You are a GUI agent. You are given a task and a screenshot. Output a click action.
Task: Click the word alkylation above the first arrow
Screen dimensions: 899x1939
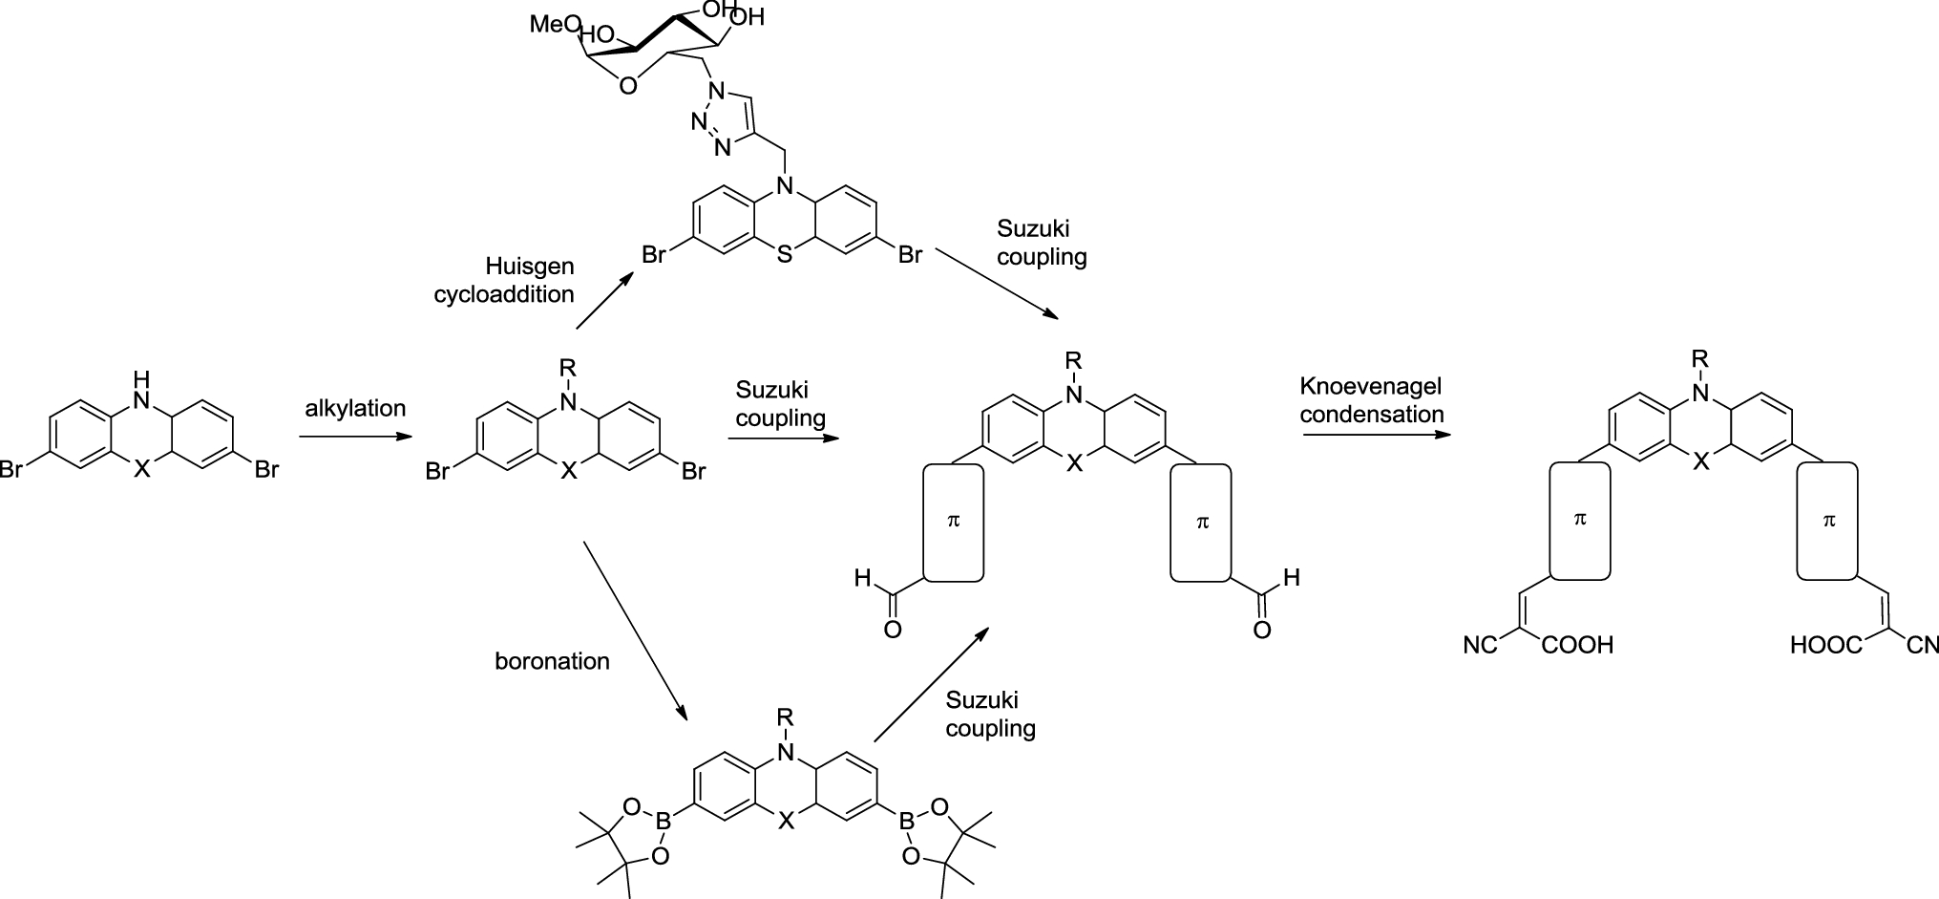[x=355, y=409]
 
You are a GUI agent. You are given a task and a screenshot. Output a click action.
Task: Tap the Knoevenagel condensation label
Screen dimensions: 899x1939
[x=1371, y=400]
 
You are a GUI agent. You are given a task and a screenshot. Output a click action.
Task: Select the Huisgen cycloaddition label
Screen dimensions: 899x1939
[x=504, y=280]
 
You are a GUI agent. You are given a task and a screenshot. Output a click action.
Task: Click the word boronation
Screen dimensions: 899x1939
[x=552, y=661]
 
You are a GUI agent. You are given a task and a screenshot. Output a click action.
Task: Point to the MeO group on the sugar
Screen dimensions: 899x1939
[x=551, y=24]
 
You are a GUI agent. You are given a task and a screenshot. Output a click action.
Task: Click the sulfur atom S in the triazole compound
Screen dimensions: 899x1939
[x=785, y=256]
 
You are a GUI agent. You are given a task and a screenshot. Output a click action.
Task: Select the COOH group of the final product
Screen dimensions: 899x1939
[x=1576, y=646]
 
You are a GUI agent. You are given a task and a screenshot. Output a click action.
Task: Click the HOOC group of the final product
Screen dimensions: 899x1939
[x=1825, y=647]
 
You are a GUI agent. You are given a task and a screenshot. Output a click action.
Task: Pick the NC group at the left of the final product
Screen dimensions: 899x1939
[x=1480, y=647]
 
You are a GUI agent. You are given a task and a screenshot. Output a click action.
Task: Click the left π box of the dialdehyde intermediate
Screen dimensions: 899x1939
[x=953, y=522]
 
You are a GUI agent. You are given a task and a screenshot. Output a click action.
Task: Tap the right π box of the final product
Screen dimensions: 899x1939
[x=1828, y=521]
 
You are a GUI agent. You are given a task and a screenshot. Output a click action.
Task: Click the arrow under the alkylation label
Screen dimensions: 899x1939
[x=355, y=438]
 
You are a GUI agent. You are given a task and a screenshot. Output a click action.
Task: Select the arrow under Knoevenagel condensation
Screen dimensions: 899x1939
[x=1376, y=436]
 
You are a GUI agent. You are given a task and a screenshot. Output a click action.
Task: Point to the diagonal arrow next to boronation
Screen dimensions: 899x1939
[x=635, y=631]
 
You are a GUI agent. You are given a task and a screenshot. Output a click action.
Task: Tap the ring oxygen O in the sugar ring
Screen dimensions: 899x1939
[x=626, y=87]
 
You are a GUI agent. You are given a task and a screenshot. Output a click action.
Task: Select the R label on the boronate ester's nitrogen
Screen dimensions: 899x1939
[x=785, y=717]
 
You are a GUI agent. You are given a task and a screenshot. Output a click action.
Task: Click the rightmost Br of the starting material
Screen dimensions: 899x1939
[x=265, y=470]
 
